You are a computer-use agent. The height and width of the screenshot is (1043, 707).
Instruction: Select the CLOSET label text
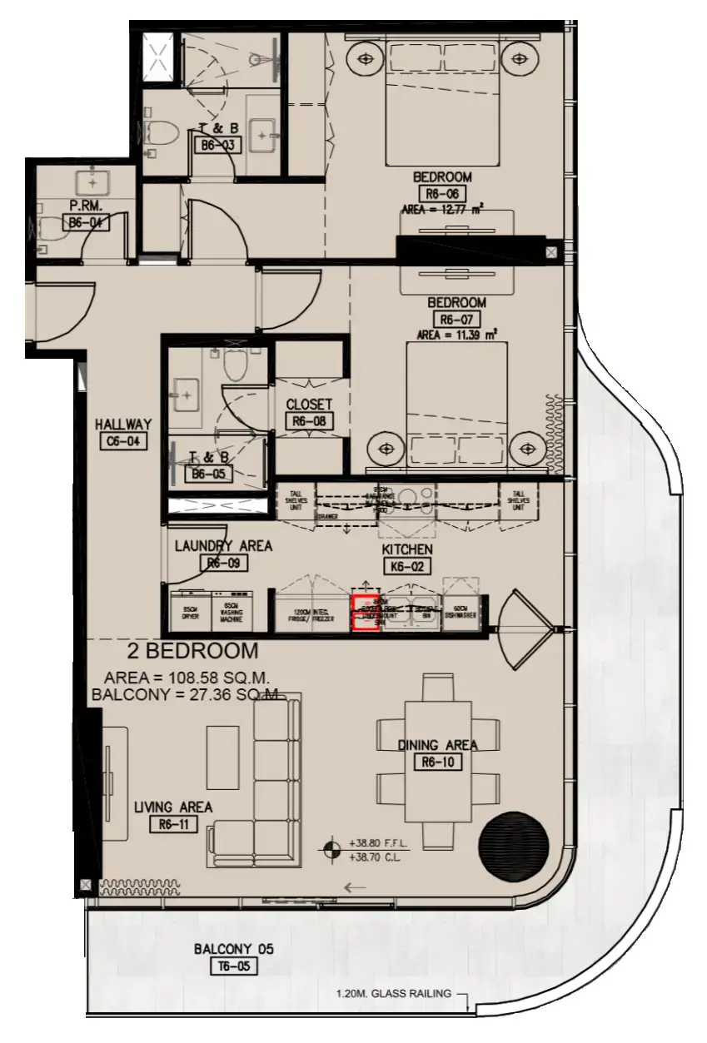309,405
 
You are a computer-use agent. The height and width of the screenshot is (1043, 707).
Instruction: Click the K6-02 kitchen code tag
406,568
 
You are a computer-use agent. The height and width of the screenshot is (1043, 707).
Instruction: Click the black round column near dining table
514,844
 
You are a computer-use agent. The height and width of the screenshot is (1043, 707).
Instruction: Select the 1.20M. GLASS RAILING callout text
393,993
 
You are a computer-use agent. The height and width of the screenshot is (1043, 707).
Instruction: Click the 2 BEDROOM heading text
192,651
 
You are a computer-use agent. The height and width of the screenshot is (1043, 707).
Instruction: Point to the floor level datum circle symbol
332,849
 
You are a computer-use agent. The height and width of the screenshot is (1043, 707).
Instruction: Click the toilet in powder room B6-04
52,224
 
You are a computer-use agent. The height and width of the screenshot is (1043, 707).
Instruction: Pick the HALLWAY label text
122,425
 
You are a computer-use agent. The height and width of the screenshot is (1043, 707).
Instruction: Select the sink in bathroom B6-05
185,391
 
